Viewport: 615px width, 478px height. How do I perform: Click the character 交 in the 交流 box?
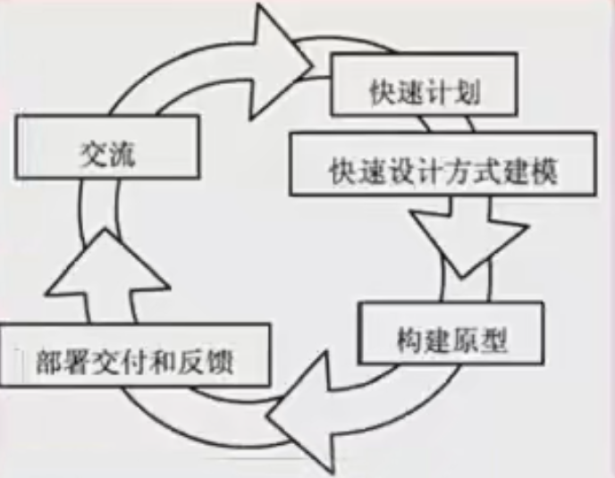click(x=93, y=154)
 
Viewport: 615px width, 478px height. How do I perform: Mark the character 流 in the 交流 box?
click(x=122, y=154)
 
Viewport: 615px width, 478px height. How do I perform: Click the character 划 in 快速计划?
click(x=468, y=93)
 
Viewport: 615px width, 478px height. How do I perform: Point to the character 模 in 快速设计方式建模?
click(x=543, y=171)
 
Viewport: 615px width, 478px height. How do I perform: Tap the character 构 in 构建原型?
click(x=410, y=340)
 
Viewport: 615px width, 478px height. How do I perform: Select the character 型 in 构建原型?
click(x=493, y=340)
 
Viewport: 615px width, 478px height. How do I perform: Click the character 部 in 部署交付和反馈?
click(x=50, y=362)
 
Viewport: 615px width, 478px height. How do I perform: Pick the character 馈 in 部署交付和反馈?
click(x=219, y=362)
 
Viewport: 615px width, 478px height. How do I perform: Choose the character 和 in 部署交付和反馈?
click(x=163, y=362)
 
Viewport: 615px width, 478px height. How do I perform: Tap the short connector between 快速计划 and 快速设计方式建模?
click(x=447, y=124)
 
